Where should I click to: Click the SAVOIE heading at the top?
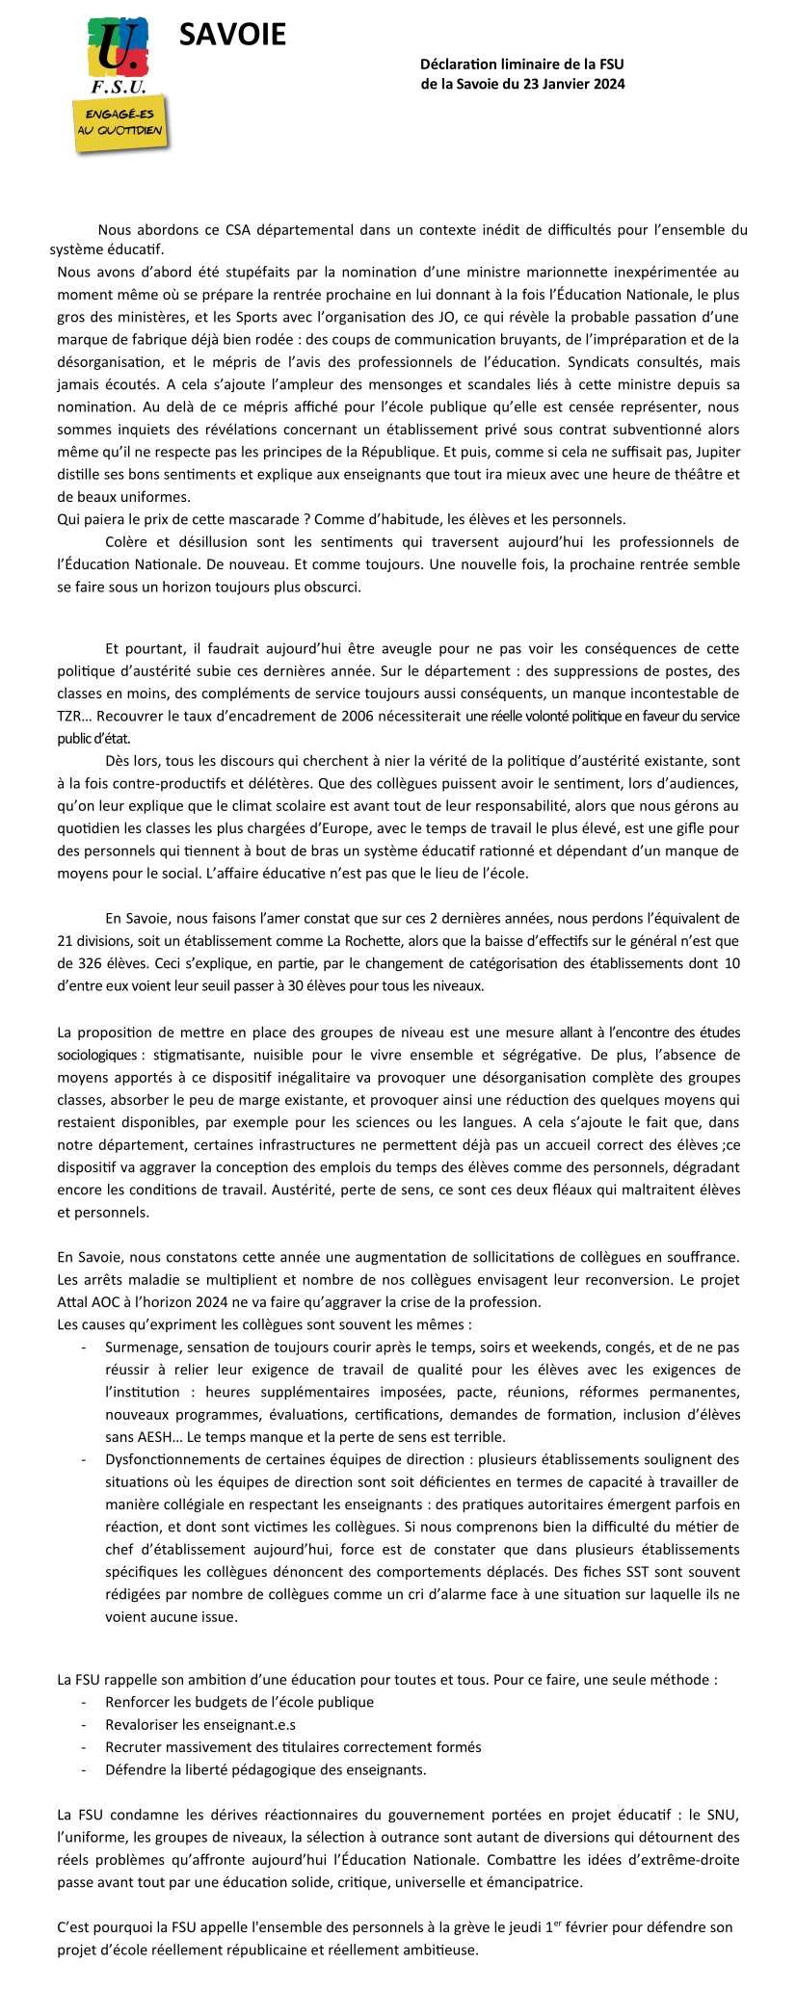[x=232, y=35]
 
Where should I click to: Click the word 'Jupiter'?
[x=714, y=452]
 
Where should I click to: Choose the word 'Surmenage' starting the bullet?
[x=141, y=1348]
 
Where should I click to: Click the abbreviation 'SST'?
[x=600, y=1572]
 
